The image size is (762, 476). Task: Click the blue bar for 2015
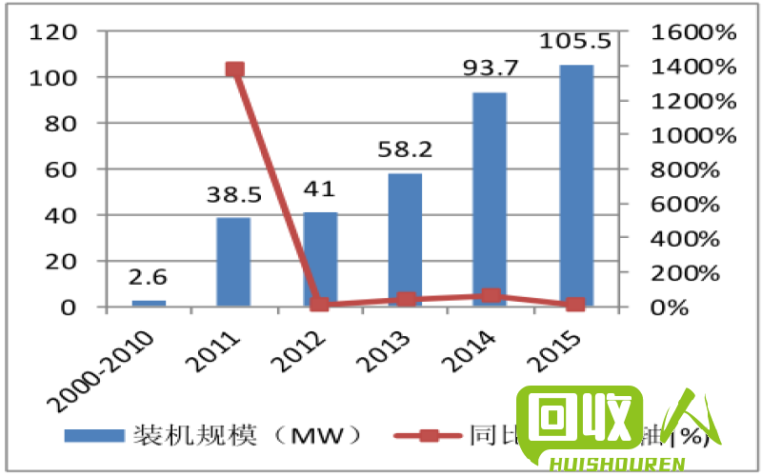click(576, 186)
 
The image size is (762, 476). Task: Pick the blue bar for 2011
click(233, 262)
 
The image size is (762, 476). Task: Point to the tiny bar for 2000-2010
click(149, 303)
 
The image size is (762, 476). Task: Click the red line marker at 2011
click(234, 69)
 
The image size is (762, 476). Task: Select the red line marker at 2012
click(320, 305)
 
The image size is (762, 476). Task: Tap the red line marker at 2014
click(490, 296)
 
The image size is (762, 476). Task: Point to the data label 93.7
click(490, 69)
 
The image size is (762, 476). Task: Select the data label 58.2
click(404, 150)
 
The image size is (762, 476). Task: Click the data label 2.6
click(149, 277)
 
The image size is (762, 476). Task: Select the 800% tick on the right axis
click(688, 169)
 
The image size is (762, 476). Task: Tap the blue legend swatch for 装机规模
click(94, 435)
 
